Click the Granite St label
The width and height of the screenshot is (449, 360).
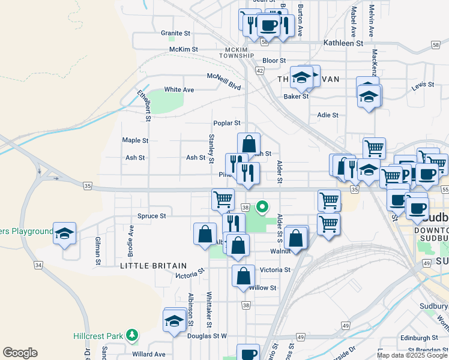point(175,34)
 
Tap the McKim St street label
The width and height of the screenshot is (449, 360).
point(184,49)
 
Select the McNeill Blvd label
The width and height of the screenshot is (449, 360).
point(224,82)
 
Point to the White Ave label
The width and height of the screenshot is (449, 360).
point(179,89)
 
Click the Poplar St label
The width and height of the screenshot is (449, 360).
point(227,123)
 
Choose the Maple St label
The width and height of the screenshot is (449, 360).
point(135,140)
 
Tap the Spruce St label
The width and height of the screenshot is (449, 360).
point(151,215)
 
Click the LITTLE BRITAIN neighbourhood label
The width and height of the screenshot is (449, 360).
point(153,265)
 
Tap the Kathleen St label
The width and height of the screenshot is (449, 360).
point(343,43)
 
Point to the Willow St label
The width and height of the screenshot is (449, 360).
point(262,288)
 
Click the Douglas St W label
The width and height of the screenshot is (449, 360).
point(207,336)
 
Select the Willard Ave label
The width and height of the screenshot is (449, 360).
point(148,354)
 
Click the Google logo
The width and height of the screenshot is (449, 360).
point(20,353)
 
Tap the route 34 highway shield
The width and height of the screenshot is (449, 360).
point(39,265)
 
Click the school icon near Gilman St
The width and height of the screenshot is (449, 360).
point(64,234)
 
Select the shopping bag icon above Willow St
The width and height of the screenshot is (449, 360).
point(243,276)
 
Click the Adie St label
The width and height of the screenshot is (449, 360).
point(328,115)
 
